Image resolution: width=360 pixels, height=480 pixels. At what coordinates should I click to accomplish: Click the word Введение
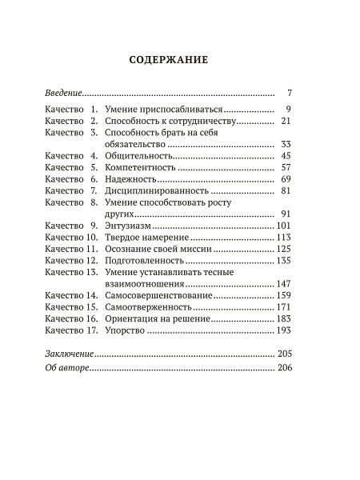tap(64, 93)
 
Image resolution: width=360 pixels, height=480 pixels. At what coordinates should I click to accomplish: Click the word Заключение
tap(69, 353)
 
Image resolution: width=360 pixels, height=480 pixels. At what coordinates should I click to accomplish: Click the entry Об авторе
tap(65, 367)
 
